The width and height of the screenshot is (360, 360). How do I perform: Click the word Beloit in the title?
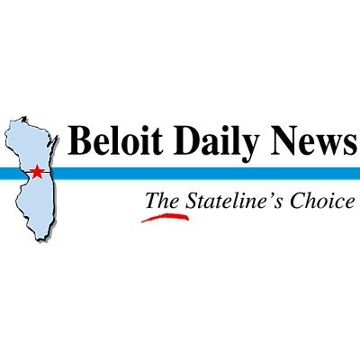pos(115,140)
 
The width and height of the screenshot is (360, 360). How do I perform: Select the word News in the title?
pos(314,140)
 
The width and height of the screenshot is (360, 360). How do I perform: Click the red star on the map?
pos(37,172)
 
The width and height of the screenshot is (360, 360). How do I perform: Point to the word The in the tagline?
pos(162,201)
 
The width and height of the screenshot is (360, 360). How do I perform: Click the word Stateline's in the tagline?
pos(234,201)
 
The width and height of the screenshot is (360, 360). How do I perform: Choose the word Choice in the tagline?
pos(322,201)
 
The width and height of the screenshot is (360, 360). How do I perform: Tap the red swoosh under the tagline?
pos(165,216)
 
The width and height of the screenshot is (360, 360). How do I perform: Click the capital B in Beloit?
pos(78,140)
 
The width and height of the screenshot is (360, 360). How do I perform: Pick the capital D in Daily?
pos(185,140)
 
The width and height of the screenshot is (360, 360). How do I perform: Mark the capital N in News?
pos(284,140)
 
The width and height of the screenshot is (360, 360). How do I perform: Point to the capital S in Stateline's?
pos(191,201)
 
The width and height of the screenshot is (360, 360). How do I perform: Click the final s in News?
pos(350,145)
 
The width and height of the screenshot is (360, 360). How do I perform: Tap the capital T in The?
pos(153,201)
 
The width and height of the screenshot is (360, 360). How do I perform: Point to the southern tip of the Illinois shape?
pos(40,240)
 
